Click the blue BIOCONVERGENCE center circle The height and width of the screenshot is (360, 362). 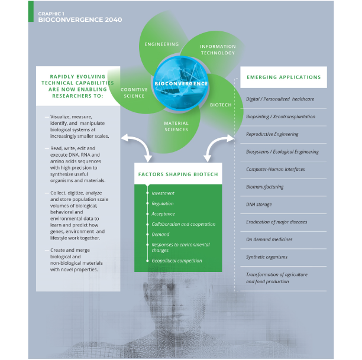pos(181,83)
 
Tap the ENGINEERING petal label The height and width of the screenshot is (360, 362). pos(161,44)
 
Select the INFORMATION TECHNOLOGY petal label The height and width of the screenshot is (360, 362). pos(218,50)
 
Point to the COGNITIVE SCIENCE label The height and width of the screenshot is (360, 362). pos(134,93)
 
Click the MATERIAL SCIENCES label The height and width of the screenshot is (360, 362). pos(176,127)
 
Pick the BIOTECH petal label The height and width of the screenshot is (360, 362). pos(221,105)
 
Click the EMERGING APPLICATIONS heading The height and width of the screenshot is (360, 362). pos(284,77)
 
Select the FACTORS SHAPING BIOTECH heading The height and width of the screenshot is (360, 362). pos(178,174)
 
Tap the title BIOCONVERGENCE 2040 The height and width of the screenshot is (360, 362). pos(80,20)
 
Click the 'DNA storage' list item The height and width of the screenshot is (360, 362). pos(259,205)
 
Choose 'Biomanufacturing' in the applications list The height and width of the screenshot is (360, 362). pos(264,187)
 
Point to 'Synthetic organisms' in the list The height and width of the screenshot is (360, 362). pos(267,257)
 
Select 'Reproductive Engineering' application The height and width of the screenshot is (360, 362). pos(272,134)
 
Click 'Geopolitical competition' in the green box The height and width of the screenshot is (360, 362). pos(177,261)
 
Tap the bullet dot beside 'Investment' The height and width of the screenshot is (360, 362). pos(147,193)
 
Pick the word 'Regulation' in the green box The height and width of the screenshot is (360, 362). pos(163,203)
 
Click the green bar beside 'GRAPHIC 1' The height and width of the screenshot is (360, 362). pos(31,12)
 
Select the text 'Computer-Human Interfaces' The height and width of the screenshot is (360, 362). pos(276,170)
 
